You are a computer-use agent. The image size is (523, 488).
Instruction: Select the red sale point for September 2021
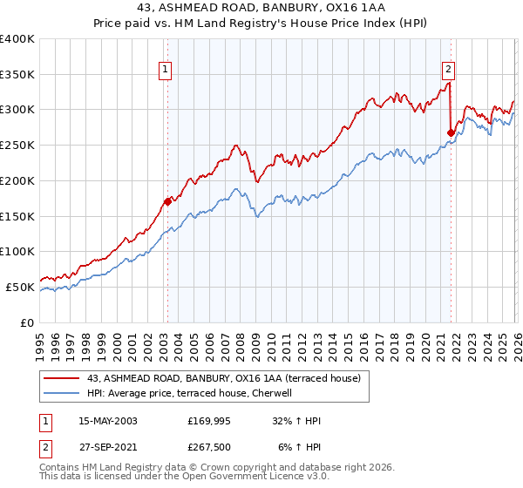pyautogui.click(x=451, y=132)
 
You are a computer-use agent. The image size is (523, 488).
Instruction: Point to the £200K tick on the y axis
pyautogui.click(x=17, y=180)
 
